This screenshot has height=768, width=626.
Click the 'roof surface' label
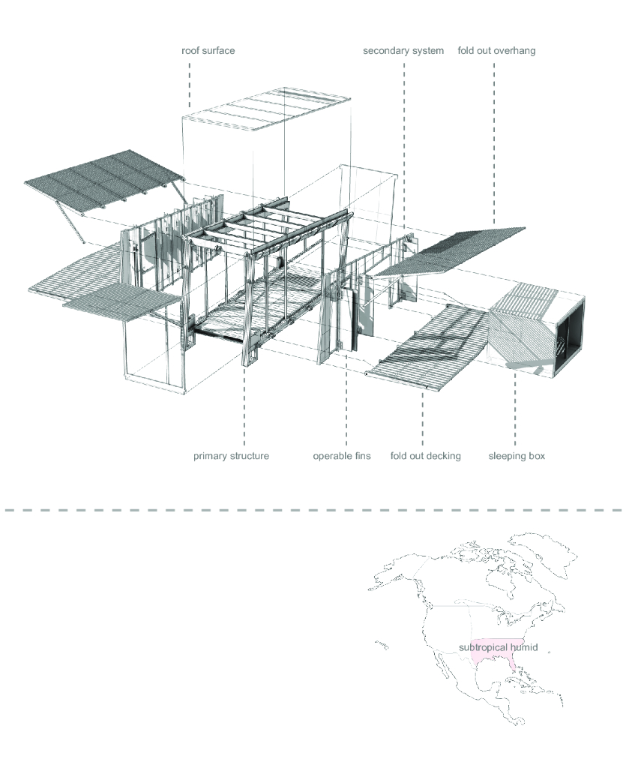(208, 51)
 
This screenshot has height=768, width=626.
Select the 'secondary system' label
(403, 51)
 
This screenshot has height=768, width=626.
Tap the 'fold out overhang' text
(496, 51)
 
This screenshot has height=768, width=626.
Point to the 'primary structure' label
(231, 455)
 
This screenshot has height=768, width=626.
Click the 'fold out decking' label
(426, 455)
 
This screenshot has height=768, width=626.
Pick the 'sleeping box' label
(517, 455)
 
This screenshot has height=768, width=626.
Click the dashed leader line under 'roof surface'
(190, 82)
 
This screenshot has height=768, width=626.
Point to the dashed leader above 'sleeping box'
(515, 412)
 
